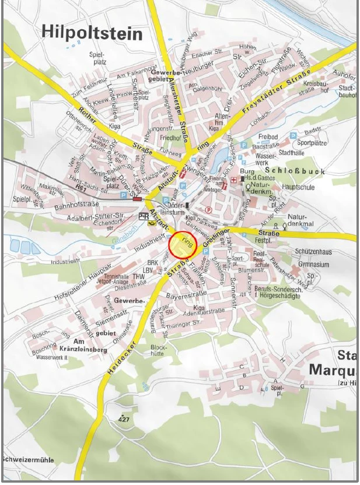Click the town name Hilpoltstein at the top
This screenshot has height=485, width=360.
coord(92,33)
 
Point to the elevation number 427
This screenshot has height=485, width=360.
coord(124,419)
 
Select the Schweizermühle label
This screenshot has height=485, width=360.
coord(27,460)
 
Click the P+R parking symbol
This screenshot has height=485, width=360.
coord(144,217)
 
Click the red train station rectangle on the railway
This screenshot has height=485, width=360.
coord(138,199)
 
